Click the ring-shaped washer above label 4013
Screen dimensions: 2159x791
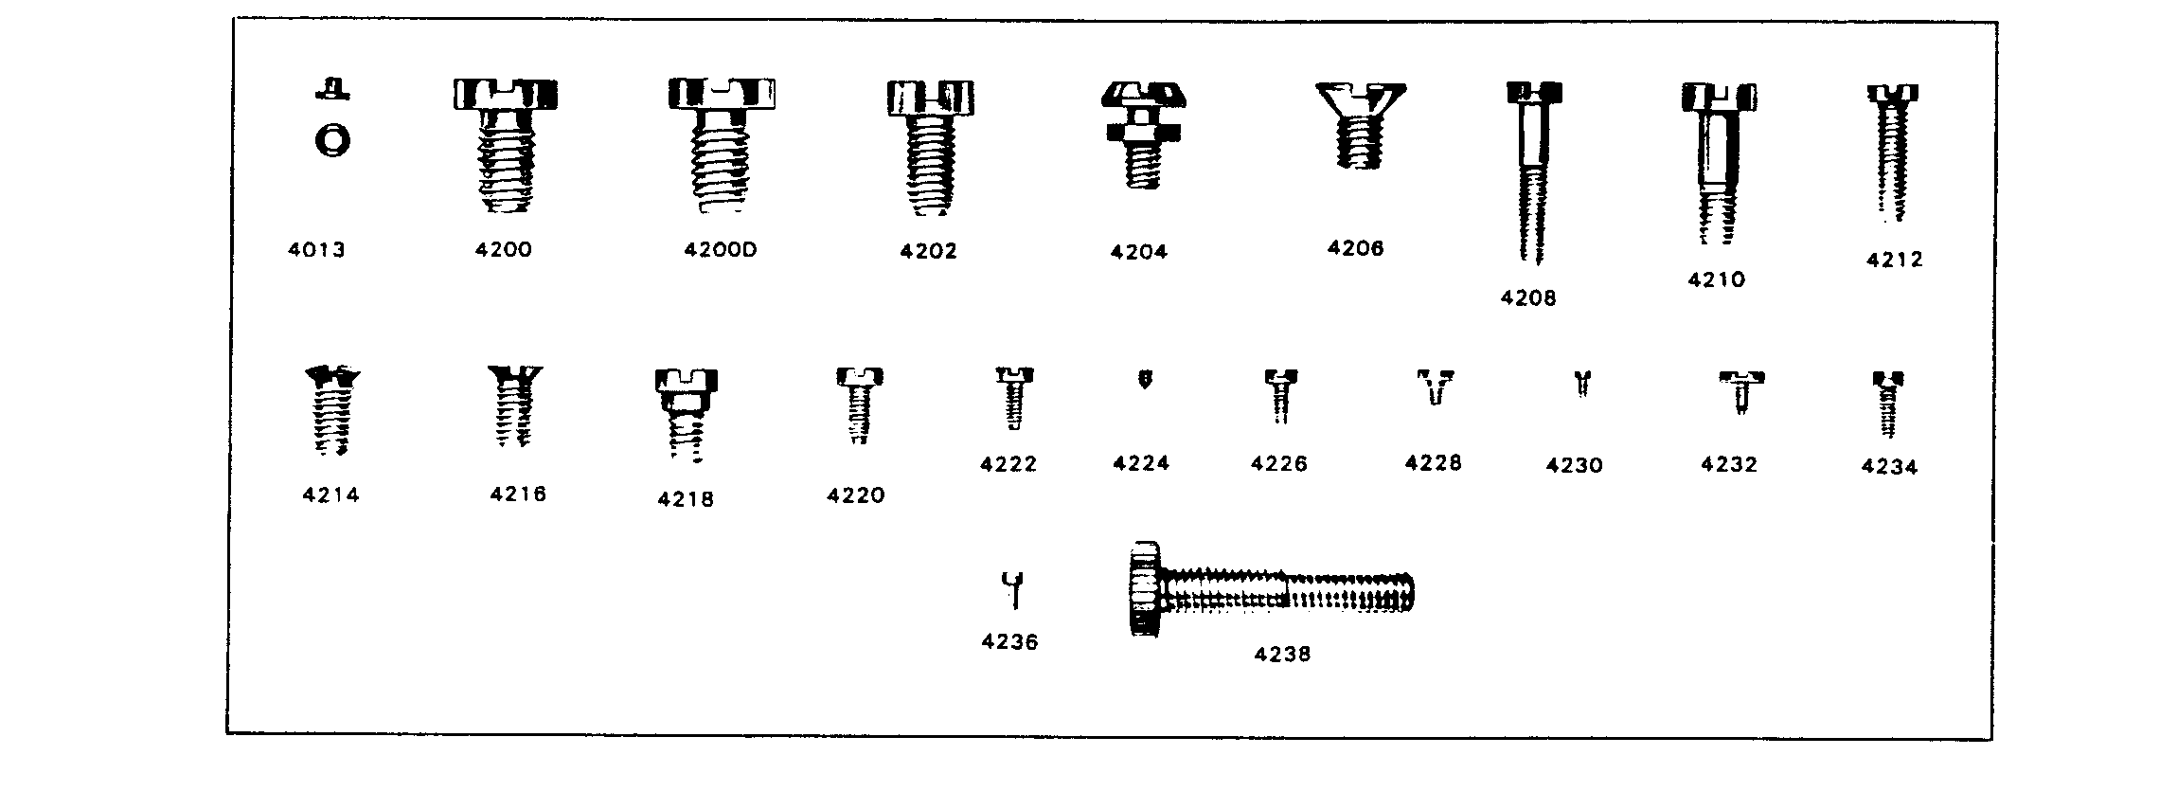click(x=332, y=141)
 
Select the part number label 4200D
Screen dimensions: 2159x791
click(x=721, y=250)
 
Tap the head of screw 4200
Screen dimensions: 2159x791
click(x=502, y=95)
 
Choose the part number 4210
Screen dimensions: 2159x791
click(x=1716, y=279)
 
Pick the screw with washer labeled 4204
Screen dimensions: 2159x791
click(x=1144, y=135)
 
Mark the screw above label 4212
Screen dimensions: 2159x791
click(x=1892, y=153)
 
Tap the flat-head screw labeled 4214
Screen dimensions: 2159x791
click(x=331, y=410)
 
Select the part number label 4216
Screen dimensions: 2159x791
click(x=518, y=494)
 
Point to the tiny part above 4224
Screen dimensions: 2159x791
click(x=1145, y=380)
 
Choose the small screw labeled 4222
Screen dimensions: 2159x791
click(x=1013, y=398)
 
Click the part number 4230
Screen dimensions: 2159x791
click(x=1574, y=465)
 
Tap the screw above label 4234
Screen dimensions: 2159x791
click(x=1888, y=404)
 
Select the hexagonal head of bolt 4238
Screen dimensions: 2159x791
click(x=1147, y=589)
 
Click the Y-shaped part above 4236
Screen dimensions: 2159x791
click(x=1014, y=590)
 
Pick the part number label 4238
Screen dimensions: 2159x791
click(x=1282, y=655)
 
